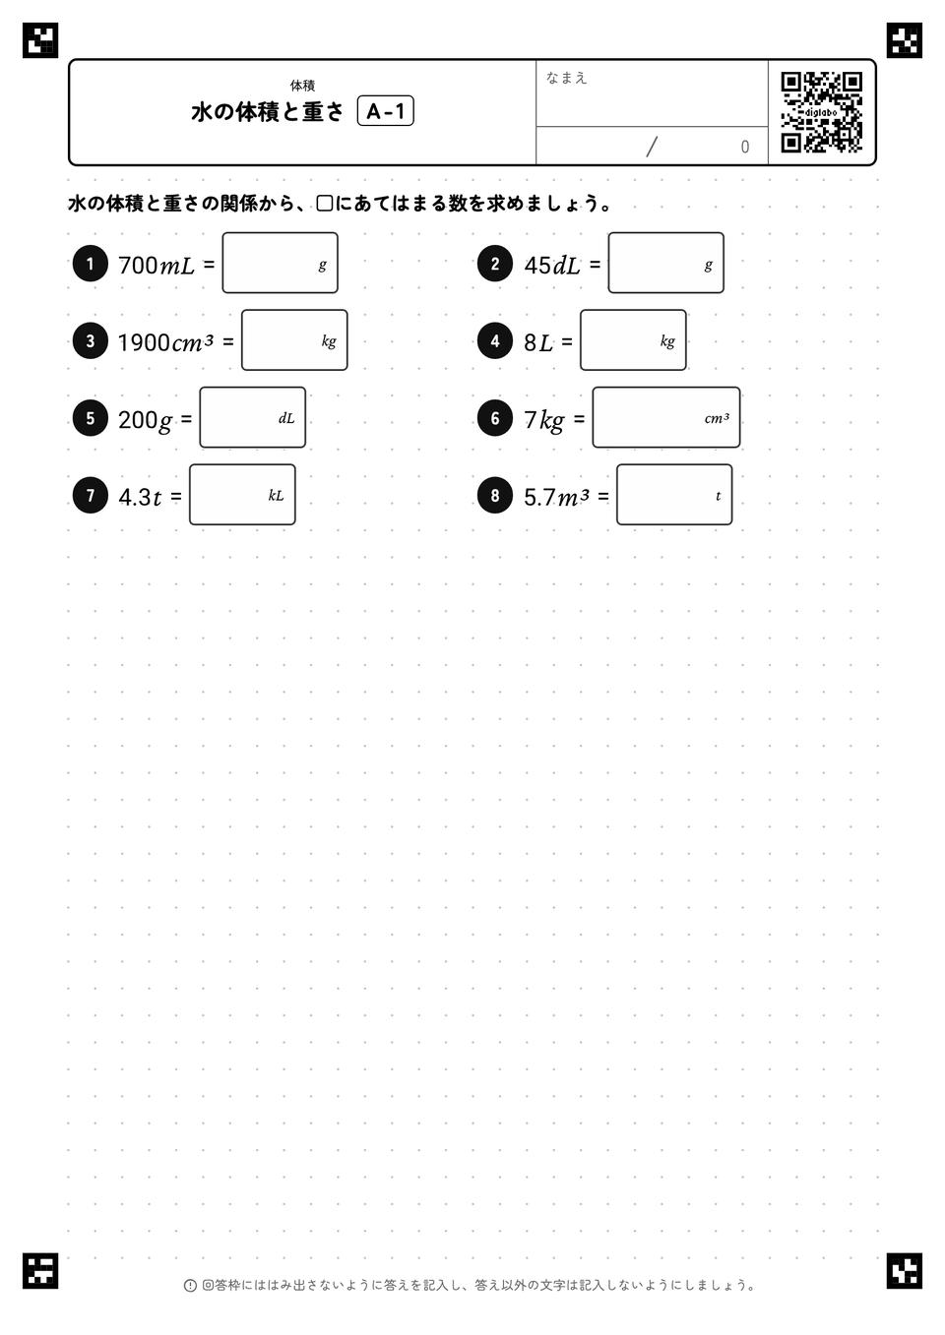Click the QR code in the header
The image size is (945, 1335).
[822, 112]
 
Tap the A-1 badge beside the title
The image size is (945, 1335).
[385, 111]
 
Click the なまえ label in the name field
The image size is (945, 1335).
[566, 78]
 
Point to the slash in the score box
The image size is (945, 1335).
[652, 147]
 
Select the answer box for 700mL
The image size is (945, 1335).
[281, 263]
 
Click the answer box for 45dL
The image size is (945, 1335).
[666, 263]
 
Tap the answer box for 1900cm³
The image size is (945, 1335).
[294, 339]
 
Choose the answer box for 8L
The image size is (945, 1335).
[633, 339]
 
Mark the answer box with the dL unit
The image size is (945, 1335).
[253, 417]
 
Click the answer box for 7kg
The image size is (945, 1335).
[666, 417]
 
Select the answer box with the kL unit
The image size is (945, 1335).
[243, 495]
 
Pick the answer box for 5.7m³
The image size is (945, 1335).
[674, 495]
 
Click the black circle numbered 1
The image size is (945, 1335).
[90, 264]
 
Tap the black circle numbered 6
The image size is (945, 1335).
[495, 418]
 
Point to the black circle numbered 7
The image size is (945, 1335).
[90, 495]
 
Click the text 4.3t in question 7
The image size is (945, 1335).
[140, 497]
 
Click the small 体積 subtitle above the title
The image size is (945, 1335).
[302, 86]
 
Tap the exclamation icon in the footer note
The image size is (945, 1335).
[190, 1286]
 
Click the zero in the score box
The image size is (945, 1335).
[744, 147]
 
